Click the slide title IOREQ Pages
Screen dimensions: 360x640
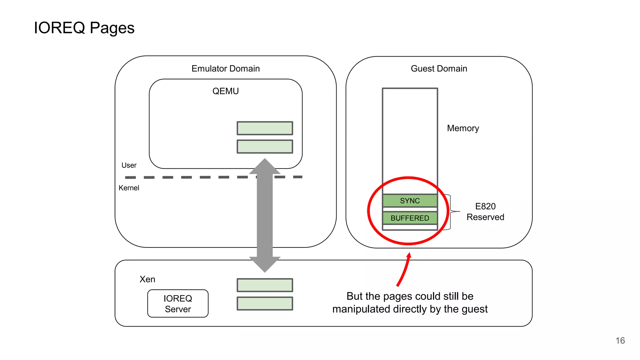click(x=84, y=28)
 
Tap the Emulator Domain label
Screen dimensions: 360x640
click(x=225, y=68)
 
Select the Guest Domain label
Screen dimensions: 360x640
click(x=439, y=68)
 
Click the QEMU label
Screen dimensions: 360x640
click(x=225, y=91)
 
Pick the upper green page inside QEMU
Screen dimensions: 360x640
click(x=265, y=128)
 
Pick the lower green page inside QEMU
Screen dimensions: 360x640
click(x=265, y=147)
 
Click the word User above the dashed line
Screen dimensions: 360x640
click(x=129, y=165)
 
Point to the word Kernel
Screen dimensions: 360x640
click(x=129, y=188)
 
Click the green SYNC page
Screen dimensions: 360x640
click(x=410, y=201)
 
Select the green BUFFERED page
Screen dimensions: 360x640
click(x=410, y=218)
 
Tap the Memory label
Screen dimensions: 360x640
click(x=463, y=128)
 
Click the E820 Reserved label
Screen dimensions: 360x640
click(x=485, y=212)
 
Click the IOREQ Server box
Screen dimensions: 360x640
click(x=178, y=303)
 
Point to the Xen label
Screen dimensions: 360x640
click(x=147, y=279)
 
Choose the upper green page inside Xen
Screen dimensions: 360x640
click(x=265, y=285)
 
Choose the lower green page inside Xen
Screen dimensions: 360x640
click(x=265, y=303)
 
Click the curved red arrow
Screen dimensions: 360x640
click(x=404, y=270)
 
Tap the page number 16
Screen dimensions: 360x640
click(x=620, y=341)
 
